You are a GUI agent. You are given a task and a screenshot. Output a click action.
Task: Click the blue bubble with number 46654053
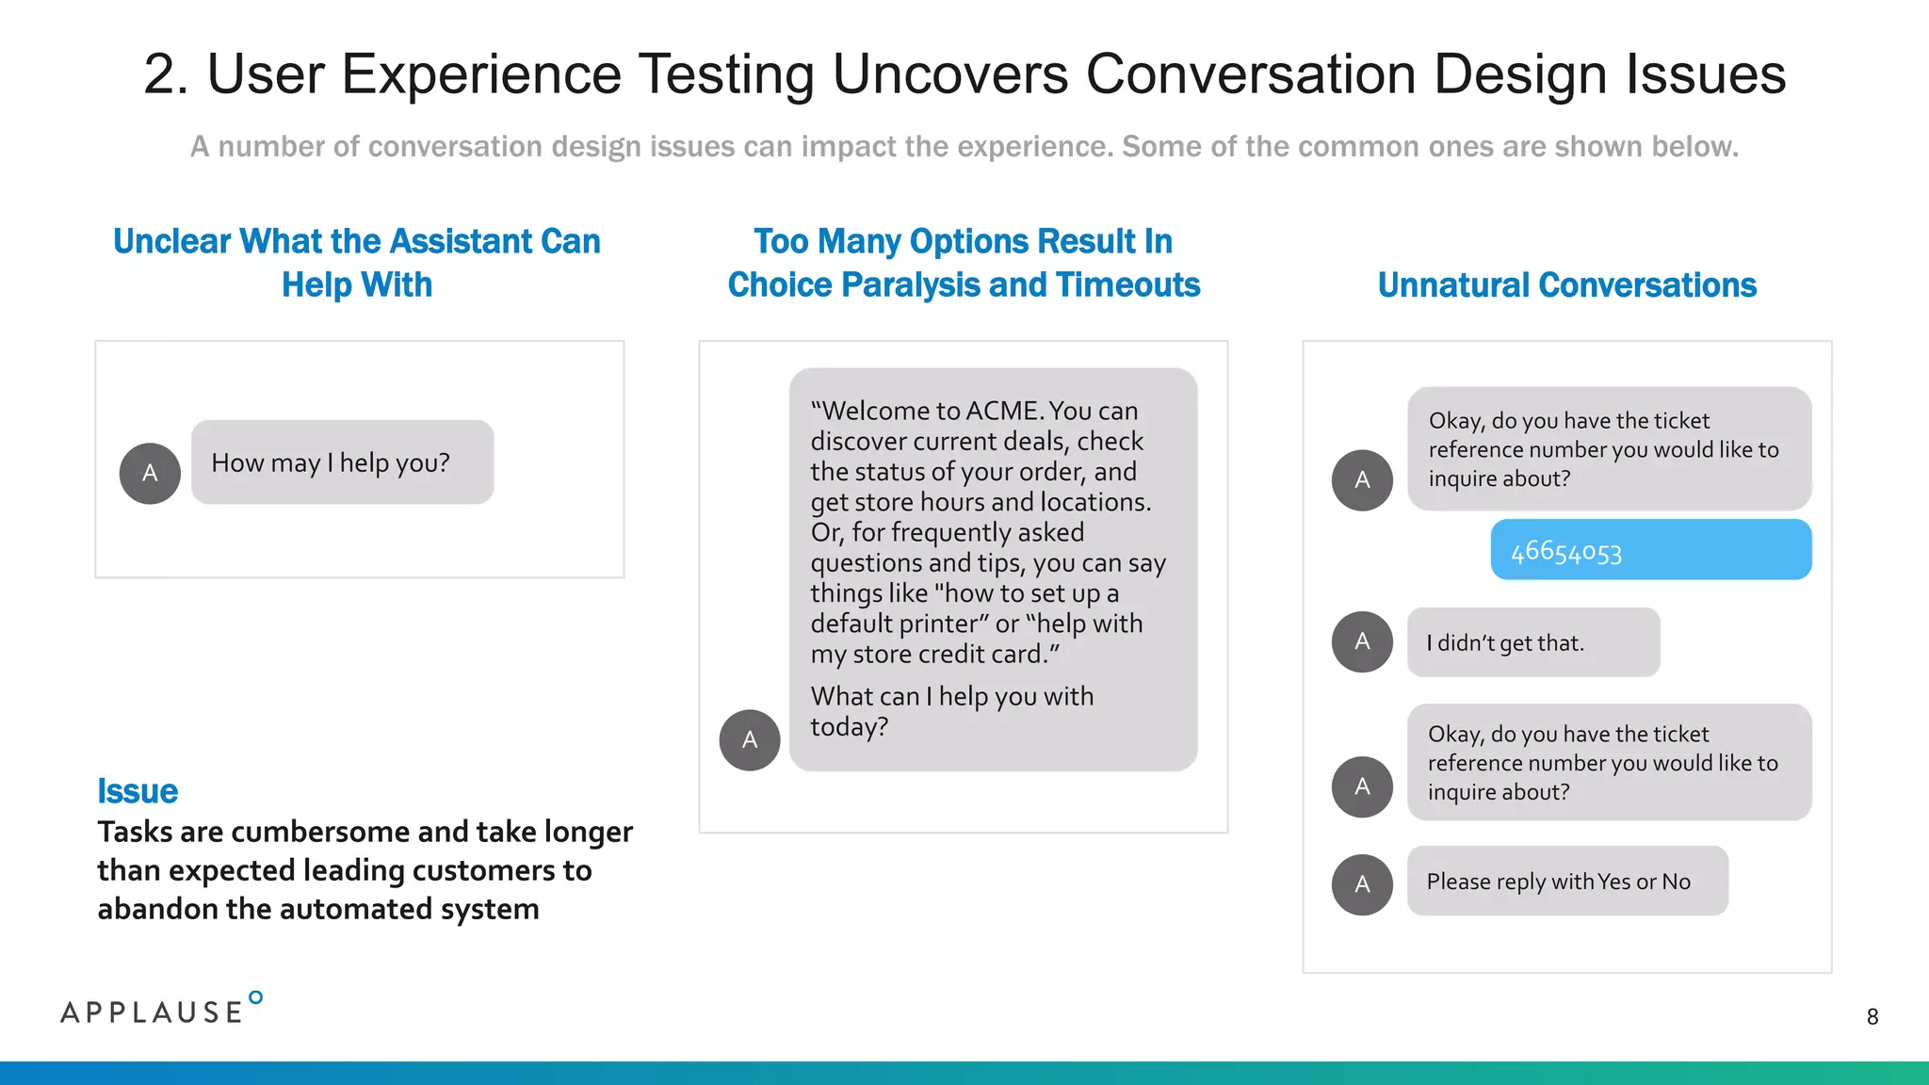coord(1650,550)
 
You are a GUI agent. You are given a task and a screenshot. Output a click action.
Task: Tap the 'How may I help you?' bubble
coord(342,462)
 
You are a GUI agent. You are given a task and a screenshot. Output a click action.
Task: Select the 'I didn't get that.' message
coord(1532,642)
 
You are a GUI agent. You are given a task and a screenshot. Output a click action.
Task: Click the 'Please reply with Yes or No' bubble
coord(1566,882)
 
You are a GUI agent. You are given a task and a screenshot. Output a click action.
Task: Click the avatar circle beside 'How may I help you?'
coord(150,473)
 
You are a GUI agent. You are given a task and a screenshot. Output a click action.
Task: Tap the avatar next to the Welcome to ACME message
coord(750,740)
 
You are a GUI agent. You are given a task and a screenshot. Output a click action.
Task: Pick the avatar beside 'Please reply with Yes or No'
coord(1362,884)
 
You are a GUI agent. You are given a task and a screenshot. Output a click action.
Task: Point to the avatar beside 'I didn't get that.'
coord(1362,641)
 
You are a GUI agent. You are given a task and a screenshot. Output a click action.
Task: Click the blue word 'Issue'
coord(138,791)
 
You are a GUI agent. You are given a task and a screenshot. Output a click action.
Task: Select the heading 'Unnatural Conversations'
coord(1566,285)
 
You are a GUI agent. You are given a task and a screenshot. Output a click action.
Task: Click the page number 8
coord(1872,1017)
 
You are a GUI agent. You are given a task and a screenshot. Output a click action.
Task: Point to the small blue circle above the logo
coord(255,997)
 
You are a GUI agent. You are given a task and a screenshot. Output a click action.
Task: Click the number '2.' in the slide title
coord(166,74)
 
